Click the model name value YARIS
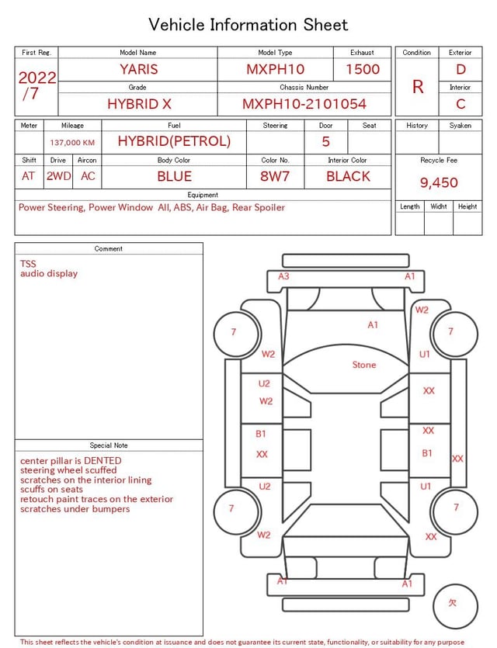[139, 69]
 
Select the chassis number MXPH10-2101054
[304, 104]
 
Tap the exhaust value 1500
[363, 69]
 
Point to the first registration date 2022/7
[36, 85]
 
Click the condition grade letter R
[418, 87]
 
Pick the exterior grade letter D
[461, 69]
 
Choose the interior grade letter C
[461, 104]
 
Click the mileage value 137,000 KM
[72, 143]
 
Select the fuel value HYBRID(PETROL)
[174, 141]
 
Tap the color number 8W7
[275, 176]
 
